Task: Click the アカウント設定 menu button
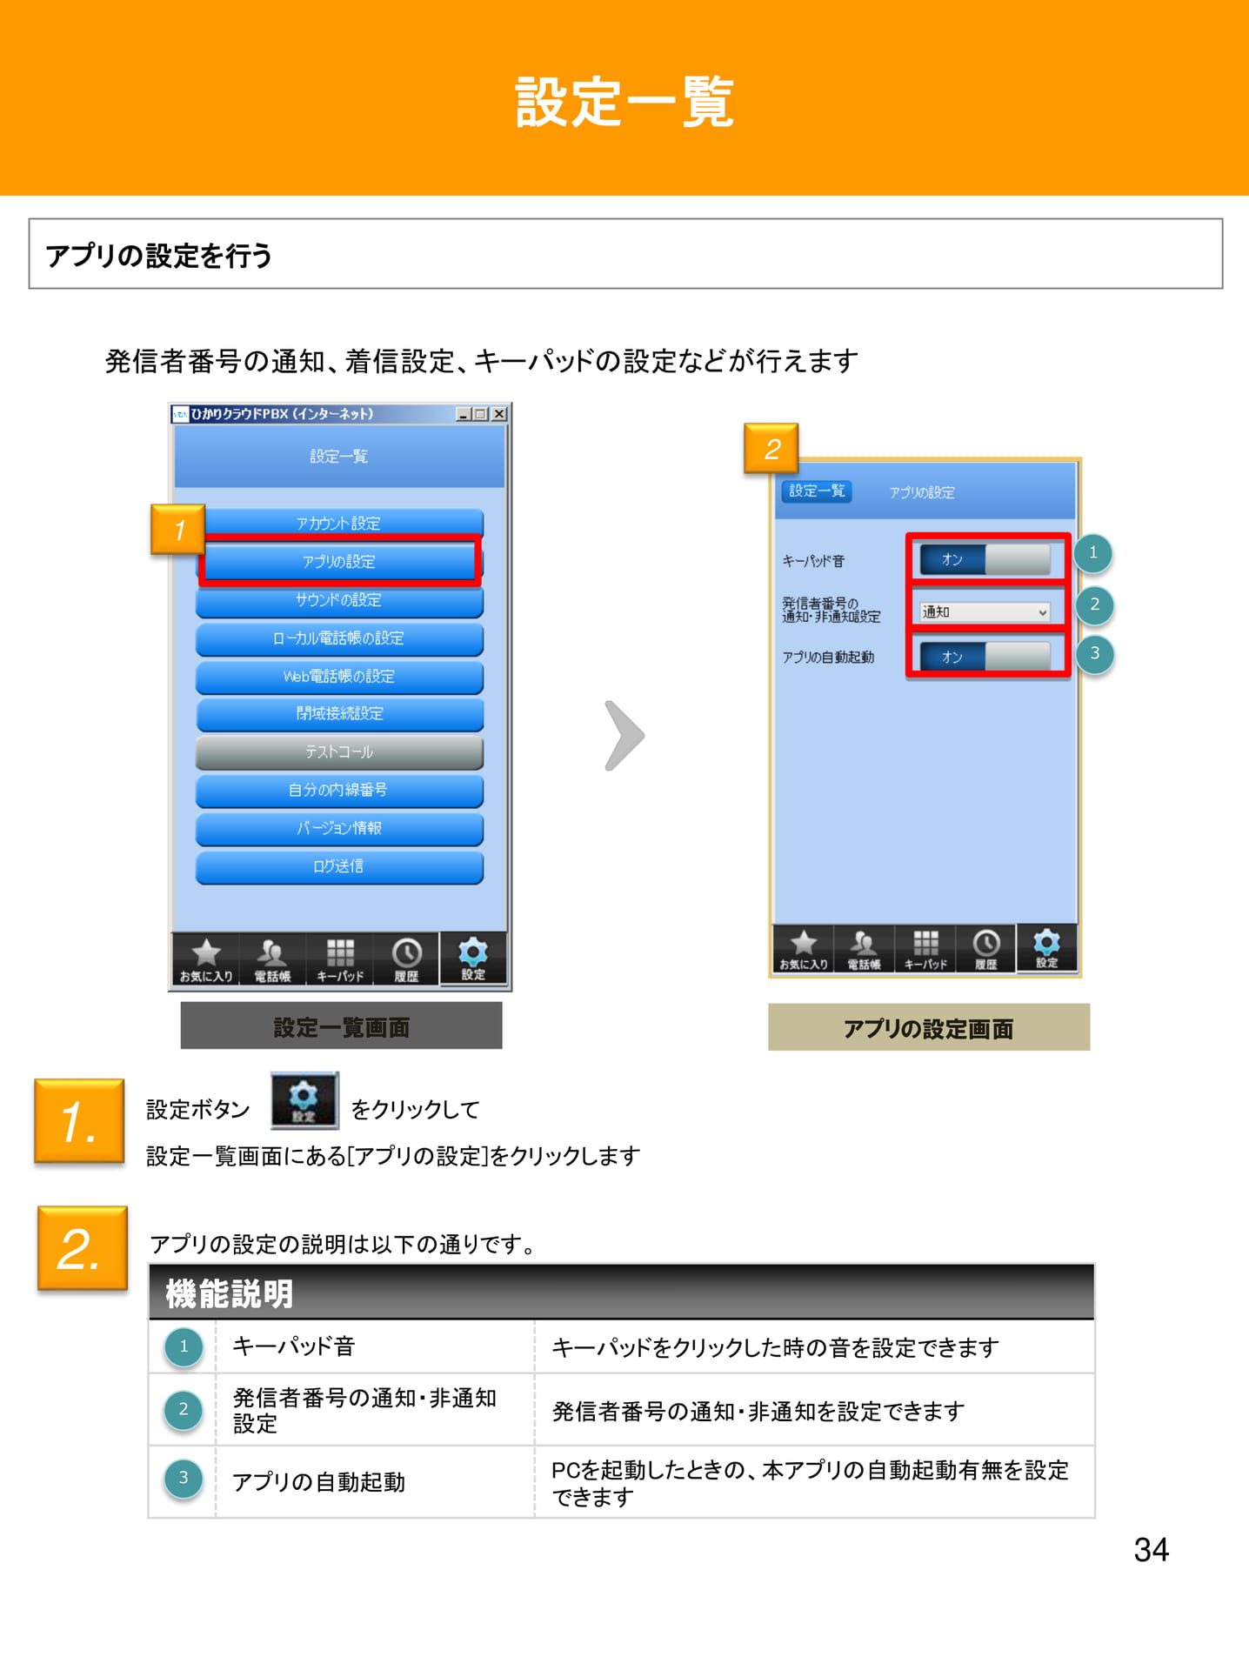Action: [339, 522]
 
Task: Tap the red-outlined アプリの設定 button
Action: [339, 561]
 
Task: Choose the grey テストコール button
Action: [339, 752]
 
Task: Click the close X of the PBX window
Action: [499, 414]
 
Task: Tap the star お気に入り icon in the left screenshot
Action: [206, 952]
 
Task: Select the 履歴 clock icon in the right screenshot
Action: [985, 943]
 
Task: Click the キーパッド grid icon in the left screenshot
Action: [340, 952]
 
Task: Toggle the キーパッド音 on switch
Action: [985, 559]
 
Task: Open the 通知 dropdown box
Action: [985, 612]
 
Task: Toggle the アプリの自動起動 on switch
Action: [985, 657]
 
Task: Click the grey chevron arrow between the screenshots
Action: [624, 736]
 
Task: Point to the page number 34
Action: [1152, 1550]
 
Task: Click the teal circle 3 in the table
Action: [184, 1478]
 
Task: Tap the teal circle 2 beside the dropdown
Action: [1094, 605]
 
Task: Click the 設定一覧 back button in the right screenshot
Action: [816, 491]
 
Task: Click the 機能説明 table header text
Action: [230, 1294]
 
